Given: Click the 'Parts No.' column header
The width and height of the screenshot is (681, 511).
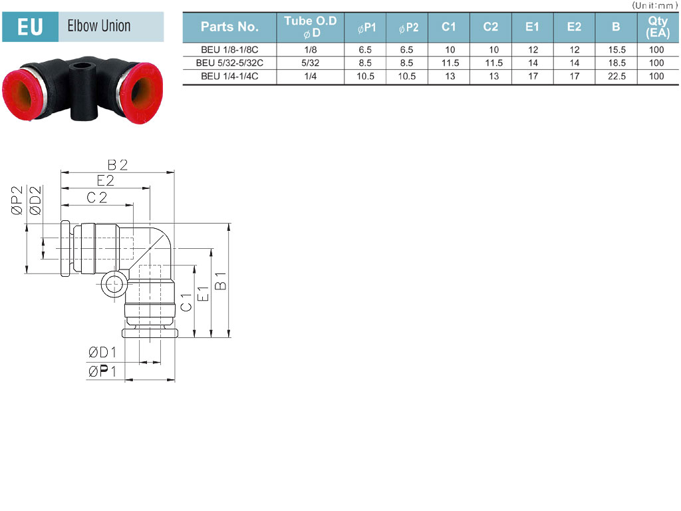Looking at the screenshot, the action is point(229,27).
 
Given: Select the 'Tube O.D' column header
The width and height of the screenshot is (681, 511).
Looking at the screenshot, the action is point(310,27).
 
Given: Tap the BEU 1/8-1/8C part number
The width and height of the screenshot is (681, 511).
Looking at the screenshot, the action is point(229,49).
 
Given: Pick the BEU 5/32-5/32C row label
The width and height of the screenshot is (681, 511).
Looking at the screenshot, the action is point(229,63).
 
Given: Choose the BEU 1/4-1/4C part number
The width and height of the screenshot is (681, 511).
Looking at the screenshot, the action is point(229,77).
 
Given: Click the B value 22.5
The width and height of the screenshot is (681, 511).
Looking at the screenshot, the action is point(616,77).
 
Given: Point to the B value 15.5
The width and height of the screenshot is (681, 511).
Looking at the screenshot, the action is point(616,49).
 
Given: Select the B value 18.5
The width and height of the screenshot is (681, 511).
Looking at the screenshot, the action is point(616,63).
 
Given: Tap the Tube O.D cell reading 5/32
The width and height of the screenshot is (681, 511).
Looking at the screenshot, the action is point(310,63).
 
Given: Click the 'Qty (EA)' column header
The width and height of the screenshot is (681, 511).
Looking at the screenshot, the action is point(658,27).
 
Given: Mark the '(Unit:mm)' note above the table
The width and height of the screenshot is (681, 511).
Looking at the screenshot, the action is point(655,5).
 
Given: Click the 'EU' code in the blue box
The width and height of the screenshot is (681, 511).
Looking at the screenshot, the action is point(30,27).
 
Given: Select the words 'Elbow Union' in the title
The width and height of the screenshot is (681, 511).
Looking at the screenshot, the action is point(99,26).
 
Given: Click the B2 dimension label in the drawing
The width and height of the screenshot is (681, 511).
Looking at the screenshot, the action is point(117,165).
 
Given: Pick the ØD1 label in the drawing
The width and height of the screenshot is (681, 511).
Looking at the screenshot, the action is point(102,353).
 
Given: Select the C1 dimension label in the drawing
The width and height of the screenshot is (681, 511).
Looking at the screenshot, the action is point(186,302).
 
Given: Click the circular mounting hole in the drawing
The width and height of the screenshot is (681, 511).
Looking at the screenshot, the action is point(114,285).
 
